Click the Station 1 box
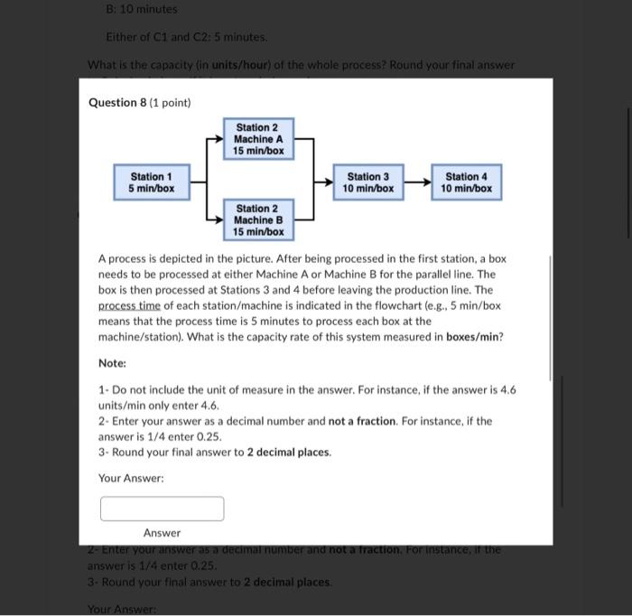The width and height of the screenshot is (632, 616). point(145,182)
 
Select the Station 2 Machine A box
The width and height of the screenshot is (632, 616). point(258,139)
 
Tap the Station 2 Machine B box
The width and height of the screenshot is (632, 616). point(258,220)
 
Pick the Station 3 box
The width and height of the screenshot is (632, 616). point(368,182)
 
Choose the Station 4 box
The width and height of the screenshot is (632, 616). point(467,182)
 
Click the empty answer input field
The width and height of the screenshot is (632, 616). point(162,509)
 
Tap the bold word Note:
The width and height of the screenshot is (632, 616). point(112,363)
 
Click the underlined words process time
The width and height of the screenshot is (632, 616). point(129,306)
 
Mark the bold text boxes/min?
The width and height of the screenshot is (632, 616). point(474,337)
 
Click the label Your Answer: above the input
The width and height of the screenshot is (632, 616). point(131,478)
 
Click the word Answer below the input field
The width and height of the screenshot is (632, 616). point(162,533)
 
